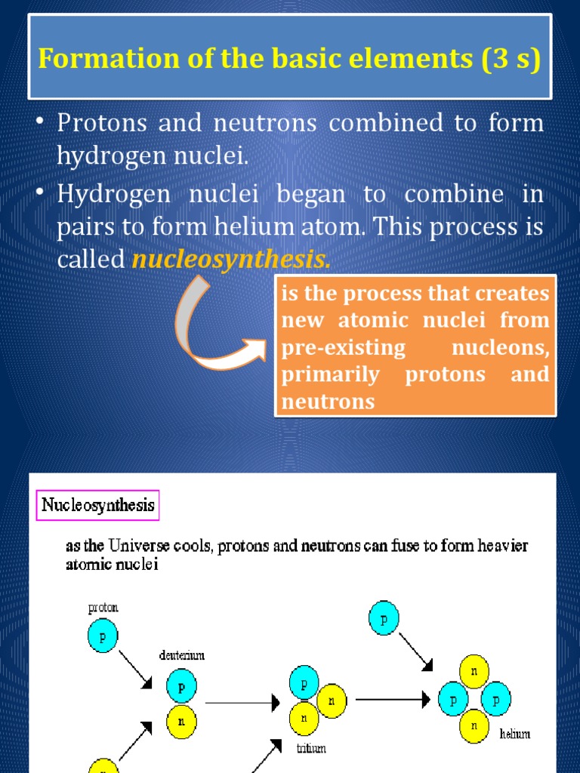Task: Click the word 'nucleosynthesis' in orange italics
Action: (231, 260)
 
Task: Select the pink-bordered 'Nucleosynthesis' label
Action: (98, 504)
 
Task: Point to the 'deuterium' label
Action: (182, 655)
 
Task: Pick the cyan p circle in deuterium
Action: (181, 687)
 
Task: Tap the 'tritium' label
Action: (310, 749)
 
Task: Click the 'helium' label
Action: (514, 733)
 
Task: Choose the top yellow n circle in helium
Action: (474, 670)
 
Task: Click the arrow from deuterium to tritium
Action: (242, 703)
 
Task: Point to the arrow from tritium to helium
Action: (393, 699)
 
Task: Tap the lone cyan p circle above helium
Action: (383, 619)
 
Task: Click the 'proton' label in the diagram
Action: (103, 607)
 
